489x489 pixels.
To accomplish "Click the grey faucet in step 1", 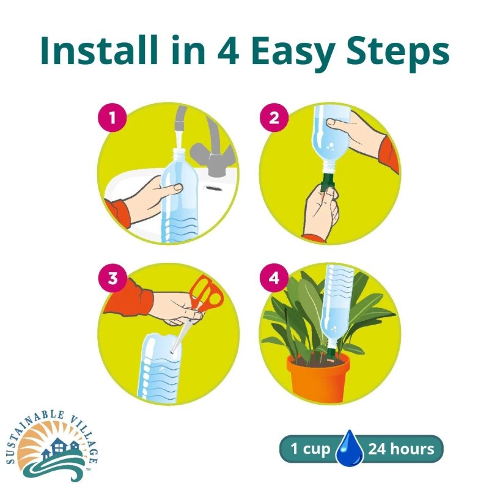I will (208, 153).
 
